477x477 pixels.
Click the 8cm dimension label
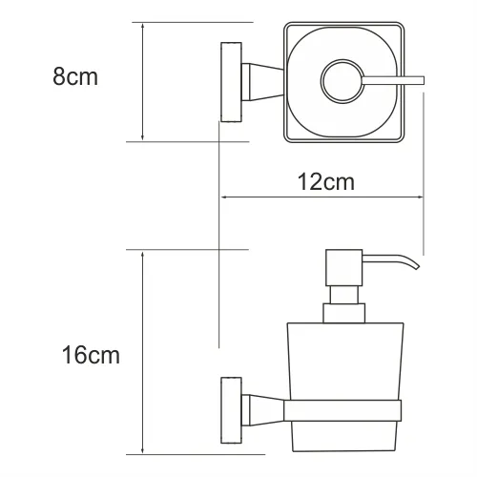pyautogui.click(x=75, y=76)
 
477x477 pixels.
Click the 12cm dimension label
pyautogui.click(x=326, y=182)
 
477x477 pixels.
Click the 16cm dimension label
pyautogui.click(x=91, y=355)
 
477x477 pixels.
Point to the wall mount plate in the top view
pyautogui.click(x=231, y=82)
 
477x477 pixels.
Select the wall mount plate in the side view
pyautogui.click(x=231, y=410)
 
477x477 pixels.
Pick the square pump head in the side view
pyautogui.click(x=343, y=267)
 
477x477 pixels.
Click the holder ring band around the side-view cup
pyautogui.click(x=342, y=410)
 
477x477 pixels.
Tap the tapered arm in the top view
pyautogui.click(x=262, y=82)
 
